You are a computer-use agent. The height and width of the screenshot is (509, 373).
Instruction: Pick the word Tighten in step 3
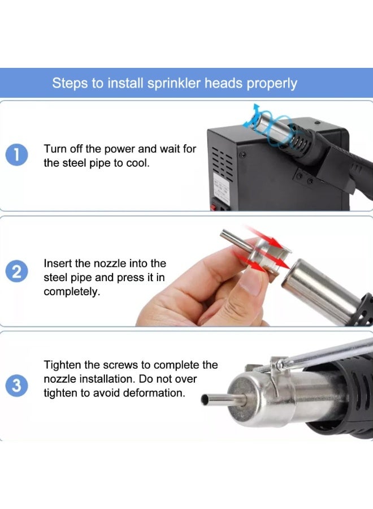[61, 365]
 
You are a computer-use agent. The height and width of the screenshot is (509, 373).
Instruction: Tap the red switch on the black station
[214, 207]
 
